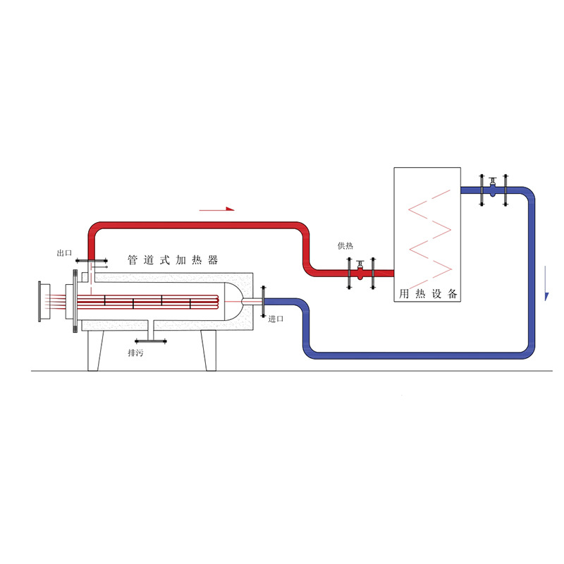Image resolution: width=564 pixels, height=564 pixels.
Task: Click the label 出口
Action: pyautogui.click(x=65, y=252)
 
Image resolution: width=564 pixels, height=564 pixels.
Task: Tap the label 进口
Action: pyautogui.click(x=276, y=319)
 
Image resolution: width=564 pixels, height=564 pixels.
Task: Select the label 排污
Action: pyautogui.click(x=135, y=352)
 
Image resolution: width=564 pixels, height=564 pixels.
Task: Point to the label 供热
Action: pyautogui.click(x=345, y=245)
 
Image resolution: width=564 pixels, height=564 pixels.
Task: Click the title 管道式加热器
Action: pyautogui.click(x=173, y=259)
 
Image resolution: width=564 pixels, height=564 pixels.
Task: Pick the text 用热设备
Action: pyautogui.click(x=428, y=293)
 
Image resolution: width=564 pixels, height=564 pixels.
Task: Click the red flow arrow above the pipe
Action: pyautogui.click(x=216, y=209)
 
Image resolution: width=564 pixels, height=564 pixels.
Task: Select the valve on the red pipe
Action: pyautogui.click(x=360, y=271)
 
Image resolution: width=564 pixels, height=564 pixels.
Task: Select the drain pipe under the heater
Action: pyautogui.click(x=149, y=334)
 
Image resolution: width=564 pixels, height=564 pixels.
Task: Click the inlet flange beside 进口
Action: pyautogui.click(x=263, y=302)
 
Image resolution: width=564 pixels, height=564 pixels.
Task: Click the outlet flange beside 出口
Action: pyautogui.click(x=90, y=261)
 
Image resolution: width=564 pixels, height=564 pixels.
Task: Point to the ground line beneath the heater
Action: pyautogui.click(x=282, y=372)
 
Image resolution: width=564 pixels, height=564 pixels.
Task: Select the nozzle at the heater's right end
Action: pyautogui.click(x=250, y=302)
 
